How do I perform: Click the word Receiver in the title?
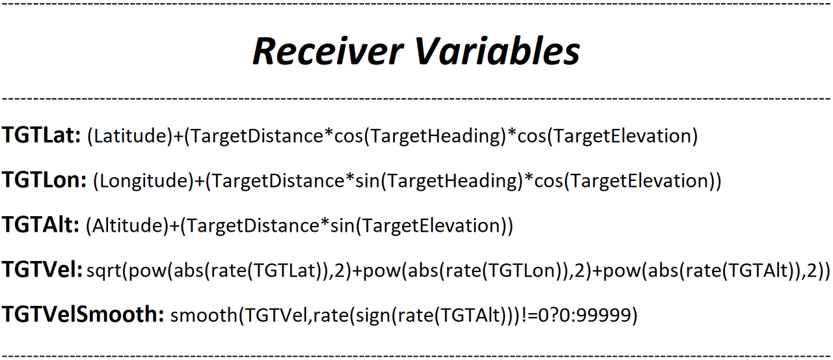point(328,51)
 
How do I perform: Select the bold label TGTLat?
point(41,135)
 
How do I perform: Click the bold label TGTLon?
point(44,180)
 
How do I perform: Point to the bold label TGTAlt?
point(40,225)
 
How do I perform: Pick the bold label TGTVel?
point(42,270)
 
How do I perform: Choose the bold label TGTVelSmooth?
point(83,314)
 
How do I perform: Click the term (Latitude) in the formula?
point(130,136)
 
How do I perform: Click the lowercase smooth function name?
point(204,315)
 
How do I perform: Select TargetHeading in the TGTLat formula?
point(435,136)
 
